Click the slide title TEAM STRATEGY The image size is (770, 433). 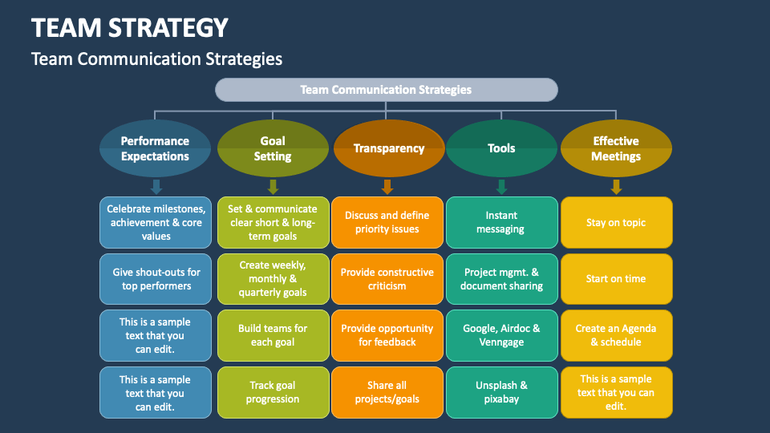[130, 28]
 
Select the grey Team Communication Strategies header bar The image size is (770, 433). [386, 90]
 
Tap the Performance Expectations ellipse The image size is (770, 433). [155, 148]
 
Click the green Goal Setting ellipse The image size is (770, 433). [273, 148]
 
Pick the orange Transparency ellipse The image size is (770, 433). [389, 148]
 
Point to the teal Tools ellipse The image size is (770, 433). [501, 148]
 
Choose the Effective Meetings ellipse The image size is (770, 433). [616, 148]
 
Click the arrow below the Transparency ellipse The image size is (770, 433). [387, 187]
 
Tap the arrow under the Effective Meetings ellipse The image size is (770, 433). [616, 187]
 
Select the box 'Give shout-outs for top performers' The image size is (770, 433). [156, 278]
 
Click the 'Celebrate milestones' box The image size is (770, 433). [156, 222]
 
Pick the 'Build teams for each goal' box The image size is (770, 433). [273, 335]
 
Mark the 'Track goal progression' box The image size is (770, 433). [273, 392]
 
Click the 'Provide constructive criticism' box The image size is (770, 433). [387, 278]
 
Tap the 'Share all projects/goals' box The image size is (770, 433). [387, 392]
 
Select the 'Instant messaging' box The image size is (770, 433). [501, 222]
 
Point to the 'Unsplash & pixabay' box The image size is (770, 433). [501, 392]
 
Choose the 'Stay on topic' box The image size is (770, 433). [616, 222]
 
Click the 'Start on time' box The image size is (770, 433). [616, 278]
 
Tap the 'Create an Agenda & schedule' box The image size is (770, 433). [616, 335]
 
